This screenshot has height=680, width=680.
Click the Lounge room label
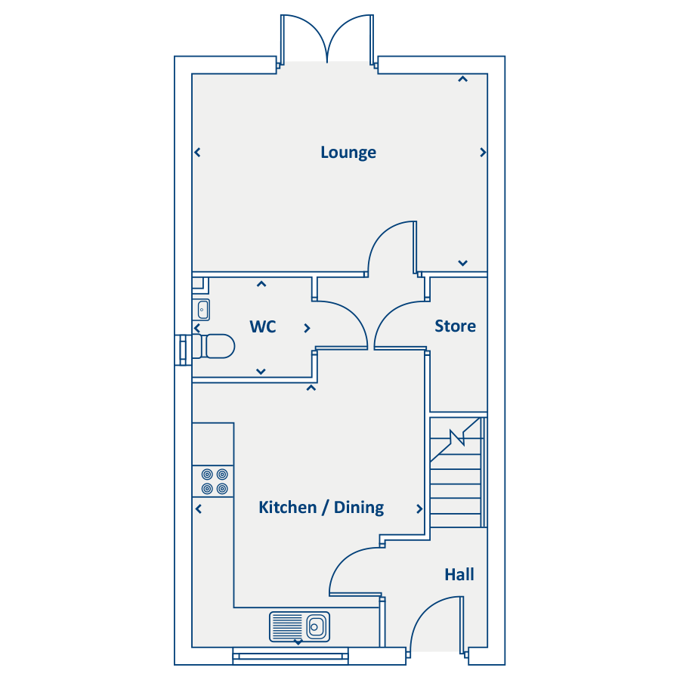(348, 153)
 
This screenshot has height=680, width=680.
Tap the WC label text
(263, 326)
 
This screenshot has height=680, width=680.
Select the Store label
(455, 326)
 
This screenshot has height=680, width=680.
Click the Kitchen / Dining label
(321, 508)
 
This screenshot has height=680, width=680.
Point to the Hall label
(459, 575)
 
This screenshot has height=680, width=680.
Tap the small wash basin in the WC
(202, 310)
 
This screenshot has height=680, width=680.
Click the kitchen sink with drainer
(299, 626)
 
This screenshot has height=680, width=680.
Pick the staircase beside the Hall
(458, 471)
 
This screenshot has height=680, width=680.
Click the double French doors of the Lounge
(327, 40)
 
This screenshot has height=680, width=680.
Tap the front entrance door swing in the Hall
(435, 623)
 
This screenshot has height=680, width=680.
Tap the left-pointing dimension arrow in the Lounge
(197, 153)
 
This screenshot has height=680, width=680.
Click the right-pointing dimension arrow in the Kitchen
(419, 508)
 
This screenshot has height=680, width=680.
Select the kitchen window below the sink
(291, 656)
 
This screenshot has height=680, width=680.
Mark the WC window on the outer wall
(183, 350)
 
